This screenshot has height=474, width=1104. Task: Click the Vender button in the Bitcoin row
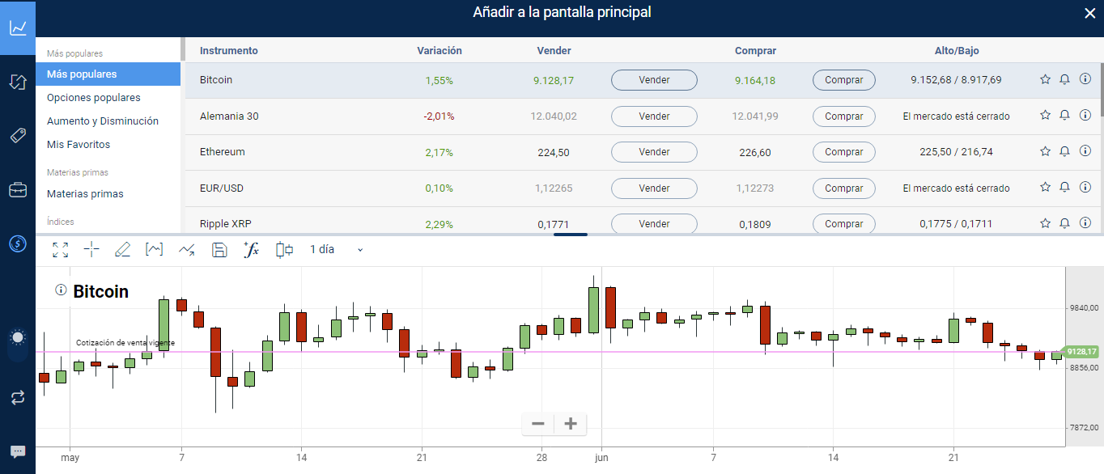coord(654,80)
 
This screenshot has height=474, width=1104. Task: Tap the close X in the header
coord(1089,13)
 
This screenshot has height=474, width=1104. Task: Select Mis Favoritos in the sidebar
coord(79,145)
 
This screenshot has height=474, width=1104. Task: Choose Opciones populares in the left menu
coord(94,98)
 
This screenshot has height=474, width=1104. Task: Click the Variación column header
coord(439,51)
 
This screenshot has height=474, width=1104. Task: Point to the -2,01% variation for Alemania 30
coord(439,116)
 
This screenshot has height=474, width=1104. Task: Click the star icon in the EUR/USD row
coord(1045,188)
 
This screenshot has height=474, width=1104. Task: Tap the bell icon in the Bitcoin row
coord(1065,80)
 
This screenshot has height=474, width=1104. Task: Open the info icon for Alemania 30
coord(1085,116)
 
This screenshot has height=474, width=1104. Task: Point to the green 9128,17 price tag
coord(1081,352)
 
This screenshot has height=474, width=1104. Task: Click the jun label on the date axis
coord(601,457)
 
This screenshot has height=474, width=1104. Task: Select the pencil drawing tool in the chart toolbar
coord(122,250)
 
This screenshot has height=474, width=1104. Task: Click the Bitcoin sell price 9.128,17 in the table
coord(554,80)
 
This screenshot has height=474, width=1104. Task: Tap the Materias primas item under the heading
coord(85,194)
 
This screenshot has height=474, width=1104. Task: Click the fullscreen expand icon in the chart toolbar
coord(61,250)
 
